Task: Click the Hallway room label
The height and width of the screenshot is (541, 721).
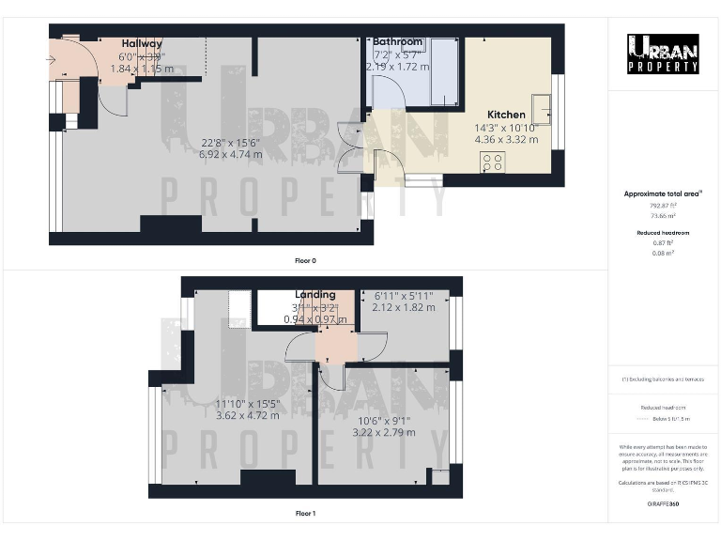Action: click(142, 43)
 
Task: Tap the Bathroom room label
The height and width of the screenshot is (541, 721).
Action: click(398, 42)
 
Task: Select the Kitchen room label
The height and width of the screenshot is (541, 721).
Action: click(506, 115)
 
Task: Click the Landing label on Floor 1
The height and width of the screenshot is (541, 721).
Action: click(314, 295)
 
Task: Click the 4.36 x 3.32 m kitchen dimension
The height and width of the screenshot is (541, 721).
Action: click(506, 139)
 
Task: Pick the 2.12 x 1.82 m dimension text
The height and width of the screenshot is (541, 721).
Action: click(405, 307)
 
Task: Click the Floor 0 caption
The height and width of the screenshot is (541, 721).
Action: click(305, 260)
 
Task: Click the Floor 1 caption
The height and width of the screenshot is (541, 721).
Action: click(305, 514)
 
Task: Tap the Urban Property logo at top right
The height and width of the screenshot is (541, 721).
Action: click(663, 54)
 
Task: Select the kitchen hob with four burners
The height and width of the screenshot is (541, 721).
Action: click(493, 162)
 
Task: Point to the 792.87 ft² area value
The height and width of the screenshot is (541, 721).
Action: click(663, 204)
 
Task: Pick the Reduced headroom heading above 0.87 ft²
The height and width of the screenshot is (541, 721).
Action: click(663, 232)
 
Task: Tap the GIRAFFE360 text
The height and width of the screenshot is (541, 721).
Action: click(663, 504)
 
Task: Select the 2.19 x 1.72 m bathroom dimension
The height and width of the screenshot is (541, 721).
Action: click(398, 67)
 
